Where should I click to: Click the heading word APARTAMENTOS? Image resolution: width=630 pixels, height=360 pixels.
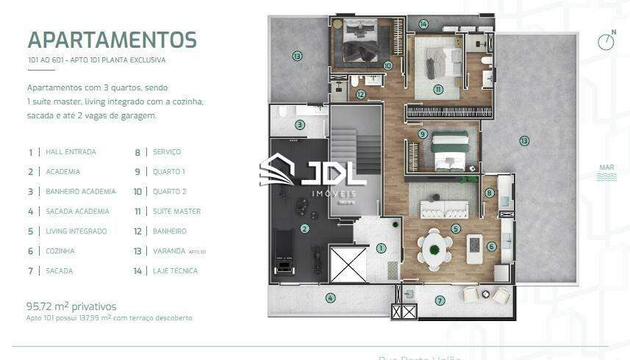coord(112,39)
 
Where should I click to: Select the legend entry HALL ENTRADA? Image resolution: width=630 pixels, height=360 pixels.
coord(71,152)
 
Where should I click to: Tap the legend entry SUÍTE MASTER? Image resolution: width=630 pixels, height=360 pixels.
coord(176,212)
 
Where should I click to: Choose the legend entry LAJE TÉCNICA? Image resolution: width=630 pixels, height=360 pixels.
coord(175,271)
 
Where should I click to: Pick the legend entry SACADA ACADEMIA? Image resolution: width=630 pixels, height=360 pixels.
coord(77,212)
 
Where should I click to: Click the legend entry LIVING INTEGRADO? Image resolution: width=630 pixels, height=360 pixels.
coord(76,231)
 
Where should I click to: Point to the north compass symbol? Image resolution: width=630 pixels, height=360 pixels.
coord(606,40)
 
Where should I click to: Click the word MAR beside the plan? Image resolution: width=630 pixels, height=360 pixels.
coord(606,168)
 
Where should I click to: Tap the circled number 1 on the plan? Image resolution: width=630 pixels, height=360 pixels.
coord(382,248)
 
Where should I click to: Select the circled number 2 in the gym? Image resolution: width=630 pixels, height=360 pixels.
coord(304,228)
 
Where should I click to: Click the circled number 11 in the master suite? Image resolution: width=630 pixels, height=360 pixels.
coord(438,90)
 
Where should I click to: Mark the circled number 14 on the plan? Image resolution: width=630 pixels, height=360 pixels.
coord(423,24)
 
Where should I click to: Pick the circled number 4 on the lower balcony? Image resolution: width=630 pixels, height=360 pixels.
coord(330,298)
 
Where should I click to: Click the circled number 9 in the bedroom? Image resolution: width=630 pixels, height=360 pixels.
coord(422,134)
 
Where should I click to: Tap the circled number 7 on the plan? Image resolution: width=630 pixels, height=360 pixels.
coord(440,300)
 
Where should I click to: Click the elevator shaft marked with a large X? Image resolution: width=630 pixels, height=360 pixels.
coord(348,265)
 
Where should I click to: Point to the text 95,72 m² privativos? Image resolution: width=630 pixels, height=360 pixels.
coord(71,306)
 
